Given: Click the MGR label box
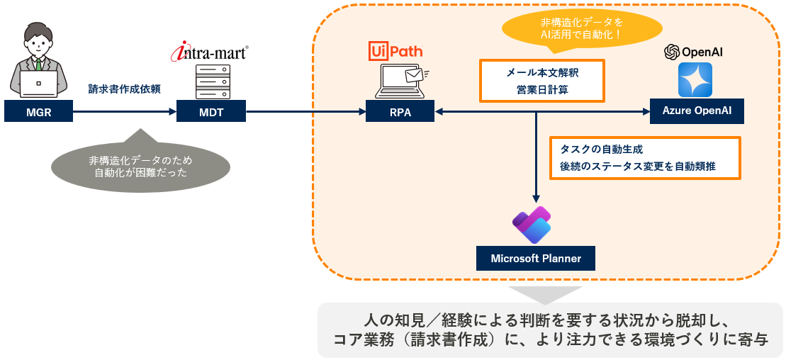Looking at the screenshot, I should tap(38, 111).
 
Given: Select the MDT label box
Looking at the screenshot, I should tap(211, 111).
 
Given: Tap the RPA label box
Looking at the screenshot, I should tap(400, 111).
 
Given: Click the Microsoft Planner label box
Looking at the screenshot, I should tap(536, 258).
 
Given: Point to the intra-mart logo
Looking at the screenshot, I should tap(210, 52).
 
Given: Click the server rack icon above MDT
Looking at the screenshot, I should tap(210, 82).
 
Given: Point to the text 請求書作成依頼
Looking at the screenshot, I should tap(124, 89).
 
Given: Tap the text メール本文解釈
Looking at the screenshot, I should tap(542, 72).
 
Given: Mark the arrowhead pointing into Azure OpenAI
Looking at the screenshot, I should tap(646, 111).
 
